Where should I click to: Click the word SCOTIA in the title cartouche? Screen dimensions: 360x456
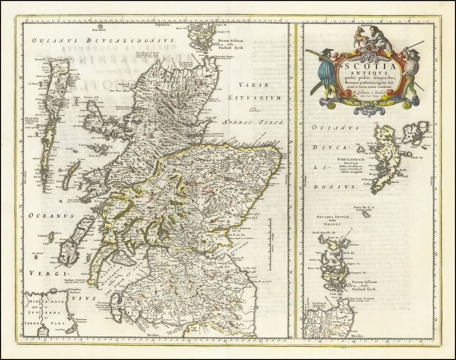pyautogui.click(x=364, y=66)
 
